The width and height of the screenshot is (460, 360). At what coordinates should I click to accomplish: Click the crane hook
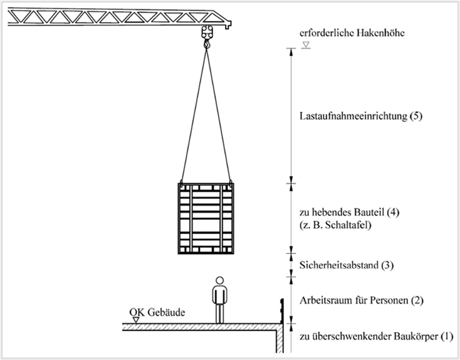coord(207,44)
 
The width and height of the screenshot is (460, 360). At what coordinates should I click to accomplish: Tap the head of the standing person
coord(219,281)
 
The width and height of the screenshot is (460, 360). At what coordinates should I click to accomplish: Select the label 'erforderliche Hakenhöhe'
coord(352,32)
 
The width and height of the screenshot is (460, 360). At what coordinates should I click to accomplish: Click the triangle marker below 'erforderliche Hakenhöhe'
coord(306,45)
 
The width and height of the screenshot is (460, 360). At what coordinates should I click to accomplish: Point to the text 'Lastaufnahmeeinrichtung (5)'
coord(360,116)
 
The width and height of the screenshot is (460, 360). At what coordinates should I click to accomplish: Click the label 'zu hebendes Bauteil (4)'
coord(349,212)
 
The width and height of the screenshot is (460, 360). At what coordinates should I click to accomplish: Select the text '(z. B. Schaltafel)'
coord(336,225)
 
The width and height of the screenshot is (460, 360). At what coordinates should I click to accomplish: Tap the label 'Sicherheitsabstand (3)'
coord(346,265)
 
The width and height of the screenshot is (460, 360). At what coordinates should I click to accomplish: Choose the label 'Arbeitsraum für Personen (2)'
coord(361,300)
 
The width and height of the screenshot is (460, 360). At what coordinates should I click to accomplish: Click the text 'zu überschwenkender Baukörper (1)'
coord(376,336)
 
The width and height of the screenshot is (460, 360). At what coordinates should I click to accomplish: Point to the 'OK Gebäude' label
coord(157,312)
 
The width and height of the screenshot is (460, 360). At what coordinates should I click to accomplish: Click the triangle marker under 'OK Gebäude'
coord(136,320)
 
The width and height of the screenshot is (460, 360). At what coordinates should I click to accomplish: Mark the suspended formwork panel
coord(205,218)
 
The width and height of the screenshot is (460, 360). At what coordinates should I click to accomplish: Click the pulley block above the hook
coord(207,32)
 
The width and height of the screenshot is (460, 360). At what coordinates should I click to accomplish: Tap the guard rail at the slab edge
coord(281,311)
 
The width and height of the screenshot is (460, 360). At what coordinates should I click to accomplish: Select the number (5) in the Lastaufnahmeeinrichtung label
coord(415,116)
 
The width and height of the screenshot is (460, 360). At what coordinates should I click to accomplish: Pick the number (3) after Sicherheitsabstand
coord(387,265)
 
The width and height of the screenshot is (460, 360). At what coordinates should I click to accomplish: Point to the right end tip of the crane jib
coord(231,24)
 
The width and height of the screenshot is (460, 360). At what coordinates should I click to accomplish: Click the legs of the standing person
coord(220,314)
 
